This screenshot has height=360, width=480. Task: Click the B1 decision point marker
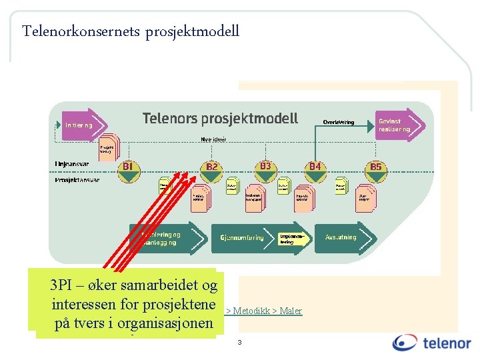click(129, 171)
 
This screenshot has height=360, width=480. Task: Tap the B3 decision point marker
click(265, 170)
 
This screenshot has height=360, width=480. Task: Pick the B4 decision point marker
click(315, 171)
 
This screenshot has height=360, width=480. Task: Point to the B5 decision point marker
click(376, 171)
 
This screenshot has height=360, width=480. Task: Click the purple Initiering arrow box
click(78, 125)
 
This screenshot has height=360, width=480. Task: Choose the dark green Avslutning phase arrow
click(345, 237)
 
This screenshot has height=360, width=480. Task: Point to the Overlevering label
click(339, 123)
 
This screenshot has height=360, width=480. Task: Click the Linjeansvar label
click(72, 163)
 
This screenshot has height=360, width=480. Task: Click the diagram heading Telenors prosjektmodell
click(220, 119)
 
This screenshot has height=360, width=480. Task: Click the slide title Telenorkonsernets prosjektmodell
click(130, 31)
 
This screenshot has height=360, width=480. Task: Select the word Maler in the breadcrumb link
click(291, 311)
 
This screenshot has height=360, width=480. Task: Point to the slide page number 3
click(239, 343)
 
